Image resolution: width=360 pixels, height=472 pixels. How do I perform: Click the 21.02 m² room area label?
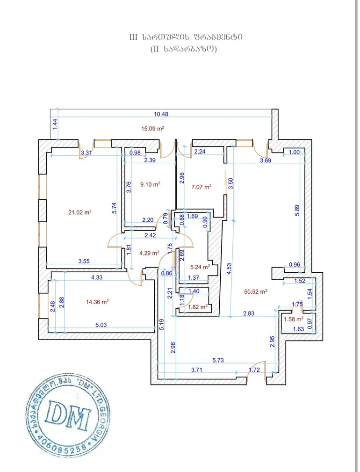point(79,212)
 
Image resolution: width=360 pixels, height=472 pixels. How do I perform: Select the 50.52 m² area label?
point(256,291)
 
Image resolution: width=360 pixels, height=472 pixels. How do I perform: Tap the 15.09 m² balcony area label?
point(152,129)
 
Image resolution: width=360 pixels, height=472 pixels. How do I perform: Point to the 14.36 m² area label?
point(97,302)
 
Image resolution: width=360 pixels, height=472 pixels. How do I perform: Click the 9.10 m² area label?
point(150,184)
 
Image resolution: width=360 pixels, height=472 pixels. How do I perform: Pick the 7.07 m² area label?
point(201,187)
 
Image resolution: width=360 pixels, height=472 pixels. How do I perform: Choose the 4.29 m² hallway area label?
point(149,253)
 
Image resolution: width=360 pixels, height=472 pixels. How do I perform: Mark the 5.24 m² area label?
point(200,267)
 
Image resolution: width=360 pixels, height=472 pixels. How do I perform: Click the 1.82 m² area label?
point(198,307)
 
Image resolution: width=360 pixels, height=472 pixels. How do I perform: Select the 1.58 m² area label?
point(294,319)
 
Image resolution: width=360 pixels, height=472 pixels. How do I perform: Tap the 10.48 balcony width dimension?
point(161,114)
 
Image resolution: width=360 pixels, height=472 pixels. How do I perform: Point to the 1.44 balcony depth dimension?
point(55,124)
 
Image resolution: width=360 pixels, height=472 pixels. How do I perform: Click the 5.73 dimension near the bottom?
point(218,360)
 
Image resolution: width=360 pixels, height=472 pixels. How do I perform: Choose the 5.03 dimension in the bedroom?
point(101,325)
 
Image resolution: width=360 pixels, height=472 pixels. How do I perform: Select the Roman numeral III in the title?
point(133,37)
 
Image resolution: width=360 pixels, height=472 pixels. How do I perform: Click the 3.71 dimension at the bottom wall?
point(197,370)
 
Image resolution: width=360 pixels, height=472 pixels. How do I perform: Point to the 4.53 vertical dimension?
point(229,269)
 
